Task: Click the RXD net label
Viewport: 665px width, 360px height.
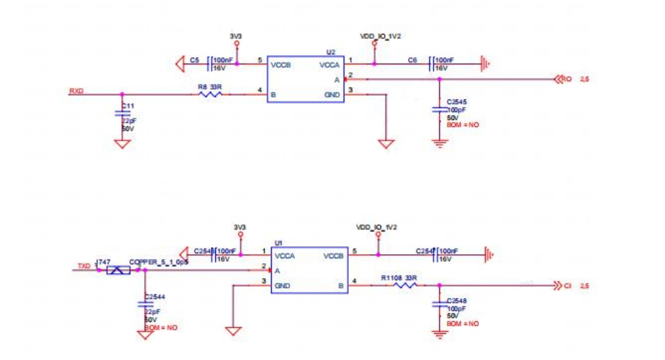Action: tap(76, 90)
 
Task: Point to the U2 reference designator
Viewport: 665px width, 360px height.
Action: tap(330, 52)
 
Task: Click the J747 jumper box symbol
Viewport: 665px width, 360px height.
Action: tap(118, 270)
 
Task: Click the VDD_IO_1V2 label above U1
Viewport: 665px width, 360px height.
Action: tap(378, 228)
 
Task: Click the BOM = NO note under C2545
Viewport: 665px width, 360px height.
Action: tap(462, 124)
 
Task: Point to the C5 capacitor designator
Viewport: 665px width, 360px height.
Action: tap(193, 61)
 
